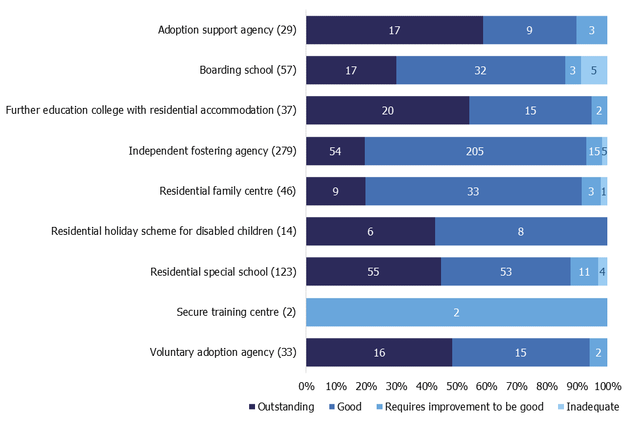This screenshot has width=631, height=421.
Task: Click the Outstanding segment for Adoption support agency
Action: [394, 30]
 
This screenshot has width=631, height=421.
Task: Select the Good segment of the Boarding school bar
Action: [480, 70]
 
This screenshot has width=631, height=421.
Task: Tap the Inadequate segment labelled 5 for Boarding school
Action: [594, 70]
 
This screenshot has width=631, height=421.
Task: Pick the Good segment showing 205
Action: [475, 151]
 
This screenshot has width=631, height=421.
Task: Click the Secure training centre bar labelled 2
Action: [456, 312]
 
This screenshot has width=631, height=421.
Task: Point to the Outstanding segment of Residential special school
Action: [373, 272]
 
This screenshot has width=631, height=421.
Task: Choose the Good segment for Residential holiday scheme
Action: [521, 232]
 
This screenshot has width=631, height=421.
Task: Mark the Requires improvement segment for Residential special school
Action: [584, 272]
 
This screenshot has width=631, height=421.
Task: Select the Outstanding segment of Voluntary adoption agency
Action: [379, 353]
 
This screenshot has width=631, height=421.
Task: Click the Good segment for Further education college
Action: [530, 111]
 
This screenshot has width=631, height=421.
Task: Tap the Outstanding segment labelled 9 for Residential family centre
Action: [336, 191]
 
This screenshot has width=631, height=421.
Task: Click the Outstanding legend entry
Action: [282, 407]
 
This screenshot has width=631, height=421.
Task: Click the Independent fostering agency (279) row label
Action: [212, 151]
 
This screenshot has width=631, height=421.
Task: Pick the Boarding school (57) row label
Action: [248, 70]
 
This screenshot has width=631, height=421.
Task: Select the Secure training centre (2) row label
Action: [237, 312]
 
